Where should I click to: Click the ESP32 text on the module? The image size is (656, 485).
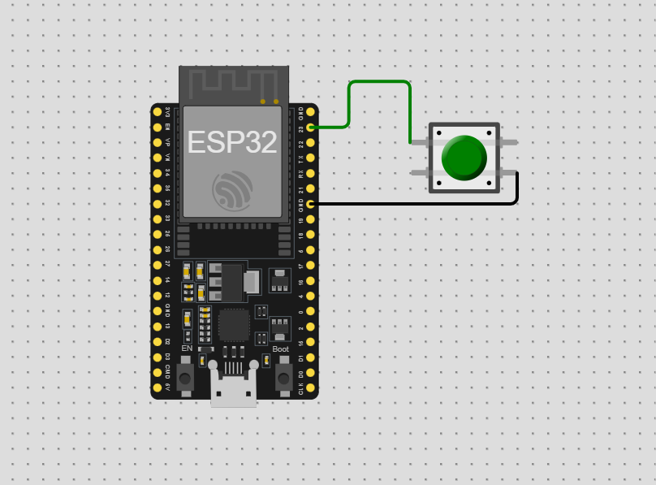tap(231, 142)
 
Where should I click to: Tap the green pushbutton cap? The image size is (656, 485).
tap(464, 158)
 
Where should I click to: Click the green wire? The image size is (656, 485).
tap(378, 82)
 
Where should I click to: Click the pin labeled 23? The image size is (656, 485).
tap(310, 127)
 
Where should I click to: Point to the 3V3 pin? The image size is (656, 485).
tap(158, 111)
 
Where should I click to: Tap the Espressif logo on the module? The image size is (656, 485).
tap(232, 191)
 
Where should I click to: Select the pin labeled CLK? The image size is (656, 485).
tap(310, 388)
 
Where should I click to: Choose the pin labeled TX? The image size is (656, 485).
tap(310, 158)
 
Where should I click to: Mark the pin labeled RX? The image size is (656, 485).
tap(310, 173)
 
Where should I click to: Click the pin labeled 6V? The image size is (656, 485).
tap(158, 388)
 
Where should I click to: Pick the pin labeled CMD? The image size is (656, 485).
tap(158, 372)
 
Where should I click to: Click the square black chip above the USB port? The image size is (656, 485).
tap(234, 325)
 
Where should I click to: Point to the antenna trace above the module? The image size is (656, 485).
tap(234, 81)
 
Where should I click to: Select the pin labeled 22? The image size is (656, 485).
tap(310, 142)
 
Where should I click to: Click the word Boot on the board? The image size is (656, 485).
tap(280, 349)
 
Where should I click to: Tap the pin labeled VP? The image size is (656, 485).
tap(158, 142)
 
